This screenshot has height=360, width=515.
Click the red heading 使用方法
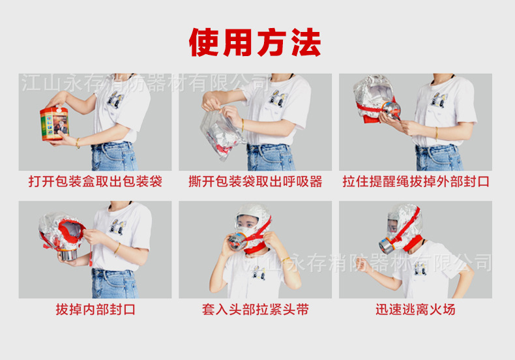click(x=256, y=42)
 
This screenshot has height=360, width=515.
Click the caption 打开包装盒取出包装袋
click(x=95, y=181)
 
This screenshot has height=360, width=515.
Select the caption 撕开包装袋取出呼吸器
click(x=256, y=181)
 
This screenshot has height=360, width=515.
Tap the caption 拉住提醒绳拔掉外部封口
click(x=416, y=181)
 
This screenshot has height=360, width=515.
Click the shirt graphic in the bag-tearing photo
click(x=277, y=99)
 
